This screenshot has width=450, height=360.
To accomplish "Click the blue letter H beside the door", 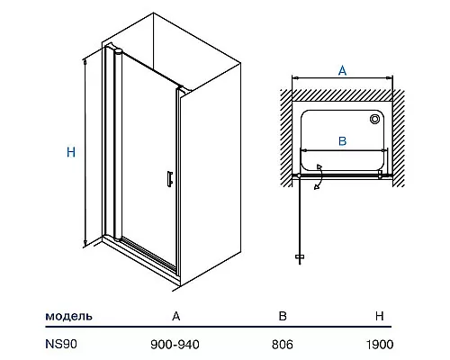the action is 71,152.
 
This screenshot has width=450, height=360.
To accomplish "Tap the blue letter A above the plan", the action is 342,70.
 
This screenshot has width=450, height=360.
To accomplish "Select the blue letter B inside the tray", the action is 342,141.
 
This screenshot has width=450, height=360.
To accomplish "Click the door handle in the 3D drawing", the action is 170,179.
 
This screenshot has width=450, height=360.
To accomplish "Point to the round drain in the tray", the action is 374,119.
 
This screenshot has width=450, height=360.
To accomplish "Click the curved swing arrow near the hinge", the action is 320,177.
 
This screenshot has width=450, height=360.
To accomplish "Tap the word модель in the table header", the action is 68,316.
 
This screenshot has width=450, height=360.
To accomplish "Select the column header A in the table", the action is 175,316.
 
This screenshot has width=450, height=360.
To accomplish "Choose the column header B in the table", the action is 283,316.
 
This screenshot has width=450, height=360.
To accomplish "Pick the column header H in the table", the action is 380,316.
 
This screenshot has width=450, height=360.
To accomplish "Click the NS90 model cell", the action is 61,344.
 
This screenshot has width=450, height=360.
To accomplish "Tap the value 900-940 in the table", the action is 175,345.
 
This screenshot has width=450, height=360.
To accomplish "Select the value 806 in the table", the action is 283,345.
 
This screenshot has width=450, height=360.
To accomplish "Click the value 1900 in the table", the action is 380,345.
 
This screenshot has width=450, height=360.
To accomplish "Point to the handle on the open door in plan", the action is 300,256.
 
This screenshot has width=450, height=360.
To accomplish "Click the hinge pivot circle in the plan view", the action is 299,175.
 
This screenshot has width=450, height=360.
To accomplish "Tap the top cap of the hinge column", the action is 118,51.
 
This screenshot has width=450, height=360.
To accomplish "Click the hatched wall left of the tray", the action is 286,138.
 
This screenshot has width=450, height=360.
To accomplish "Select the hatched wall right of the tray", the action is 399,138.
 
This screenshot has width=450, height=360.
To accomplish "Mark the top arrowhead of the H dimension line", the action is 85,62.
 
